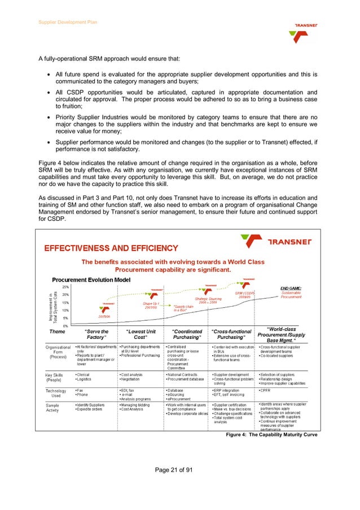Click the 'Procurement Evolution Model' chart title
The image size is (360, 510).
coord(91,280)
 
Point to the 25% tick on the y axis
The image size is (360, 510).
coord(65,287)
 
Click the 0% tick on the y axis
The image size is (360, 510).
coord(66,326)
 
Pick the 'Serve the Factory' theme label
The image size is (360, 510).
coord(96,335)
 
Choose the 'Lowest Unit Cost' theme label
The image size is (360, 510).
coord(141,335)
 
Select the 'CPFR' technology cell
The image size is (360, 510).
coord(265,390)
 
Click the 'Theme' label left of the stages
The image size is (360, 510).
coord(57,332)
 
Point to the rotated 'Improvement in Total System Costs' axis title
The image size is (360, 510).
coord(52,307)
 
